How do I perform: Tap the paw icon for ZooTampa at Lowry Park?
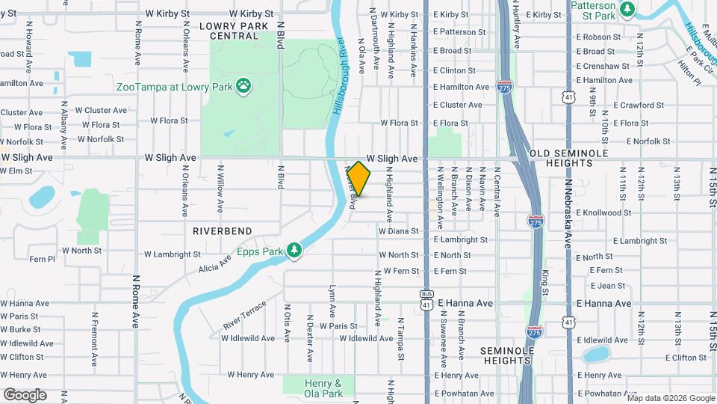click(243, 87)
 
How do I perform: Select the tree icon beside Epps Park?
click(295, 251)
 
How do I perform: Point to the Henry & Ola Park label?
click(323, 388)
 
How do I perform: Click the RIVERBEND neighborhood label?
click(223, 231)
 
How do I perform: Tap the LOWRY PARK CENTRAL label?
click(229, 31)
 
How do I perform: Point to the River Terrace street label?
click(244, 316)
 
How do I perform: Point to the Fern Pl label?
click(42, 259)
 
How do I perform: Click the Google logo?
click(25, 395)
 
